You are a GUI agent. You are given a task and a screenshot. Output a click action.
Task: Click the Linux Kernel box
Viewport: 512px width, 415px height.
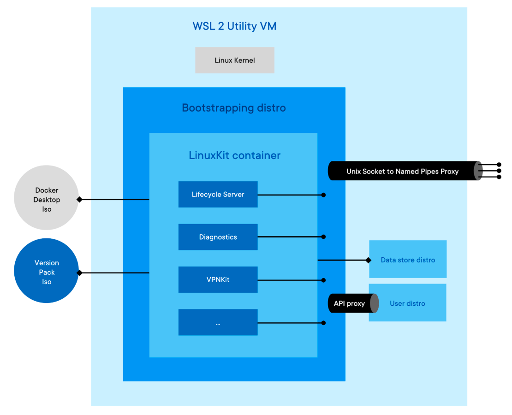[234, 60]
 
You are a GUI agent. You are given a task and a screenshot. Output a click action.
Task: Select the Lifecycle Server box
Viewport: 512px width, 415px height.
[218, 194]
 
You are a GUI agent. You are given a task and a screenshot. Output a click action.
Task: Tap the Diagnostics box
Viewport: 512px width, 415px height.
[218, 237]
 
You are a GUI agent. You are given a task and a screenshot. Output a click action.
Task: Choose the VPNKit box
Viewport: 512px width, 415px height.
[218, 279]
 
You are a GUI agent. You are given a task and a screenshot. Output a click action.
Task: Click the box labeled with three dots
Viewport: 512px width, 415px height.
[218, 322]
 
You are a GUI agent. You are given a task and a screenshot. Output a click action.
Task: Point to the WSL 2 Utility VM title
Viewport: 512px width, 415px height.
[234, 26]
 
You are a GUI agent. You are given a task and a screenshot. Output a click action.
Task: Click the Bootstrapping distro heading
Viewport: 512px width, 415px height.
[234, 108]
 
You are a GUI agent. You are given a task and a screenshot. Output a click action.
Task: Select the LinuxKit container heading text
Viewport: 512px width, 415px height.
[234, 155]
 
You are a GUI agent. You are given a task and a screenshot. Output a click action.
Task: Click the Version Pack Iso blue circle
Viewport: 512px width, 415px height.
[47, 271]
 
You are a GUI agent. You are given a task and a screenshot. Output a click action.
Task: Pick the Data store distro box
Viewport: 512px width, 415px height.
[408, 260]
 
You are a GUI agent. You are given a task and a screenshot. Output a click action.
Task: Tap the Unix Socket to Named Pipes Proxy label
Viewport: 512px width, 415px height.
[402, 171]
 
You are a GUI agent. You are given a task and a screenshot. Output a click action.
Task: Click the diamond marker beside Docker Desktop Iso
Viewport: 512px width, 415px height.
[79, 199]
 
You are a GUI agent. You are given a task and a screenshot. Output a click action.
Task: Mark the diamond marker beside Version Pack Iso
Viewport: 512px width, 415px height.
[79, 273]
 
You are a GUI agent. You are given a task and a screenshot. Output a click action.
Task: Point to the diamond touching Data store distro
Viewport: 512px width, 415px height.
[368, 260]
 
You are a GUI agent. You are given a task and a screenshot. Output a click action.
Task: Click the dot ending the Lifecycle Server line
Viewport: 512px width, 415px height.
[323, 195]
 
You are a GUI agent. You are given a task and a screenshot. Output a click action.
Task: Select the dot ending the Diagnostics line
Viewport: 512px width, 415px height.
[323, 237]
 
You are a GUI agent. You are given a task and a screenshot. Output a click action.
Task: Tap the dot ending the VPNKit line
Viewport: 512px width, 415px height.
[323, 280]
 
